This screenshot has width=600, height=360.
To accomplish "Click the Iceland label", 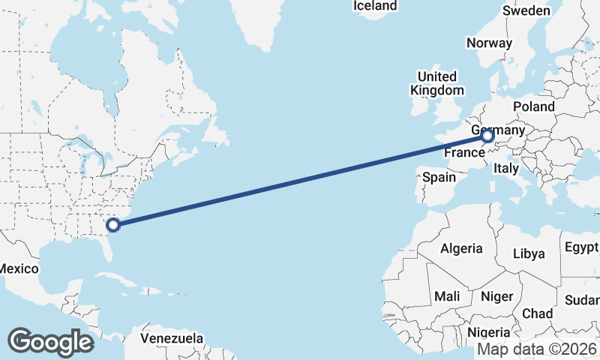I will [x=375, y=6].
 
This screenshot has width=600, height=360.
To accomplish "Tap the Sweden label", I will [x=526, y=10].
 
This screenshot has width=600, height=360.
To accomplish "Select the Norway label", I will [x=489, y=43].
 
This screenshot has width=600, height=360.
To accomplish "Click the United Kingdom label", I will [x=437, y=83].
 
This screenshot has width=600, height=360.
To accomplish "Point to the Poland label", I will [x=533, y=106].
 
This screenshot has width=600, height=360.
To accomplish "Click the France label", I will [x=464, y=153].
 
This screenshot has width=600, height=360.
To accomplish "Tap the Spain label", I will [x=439, y=178].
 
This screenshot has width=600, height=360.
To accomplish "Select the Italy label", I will [x=506, y=169].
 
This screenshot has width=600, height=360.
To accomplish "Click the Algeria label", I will [x=461, y=248].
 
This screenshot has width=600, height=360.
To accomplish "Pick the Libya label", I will [x=529, y=253].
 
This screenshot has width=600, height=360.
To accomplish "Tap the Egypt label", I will [x=581, y=247].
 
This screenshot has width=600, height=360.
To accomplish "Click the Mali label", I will [x=447, y=296].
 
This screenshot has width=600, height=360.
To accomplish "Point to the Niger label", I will [x=498, y=296].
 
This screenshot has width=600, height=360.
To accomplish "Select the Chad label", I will [x=537, y=313].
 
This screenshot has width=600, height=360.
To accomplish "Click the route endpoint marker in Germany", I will [x=487, y=136].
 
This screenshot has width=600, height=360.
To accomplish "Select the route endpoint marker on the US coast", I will [x=113, y=224].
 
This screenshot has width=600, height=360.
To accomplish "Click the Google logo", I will [x=50, y=342].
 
